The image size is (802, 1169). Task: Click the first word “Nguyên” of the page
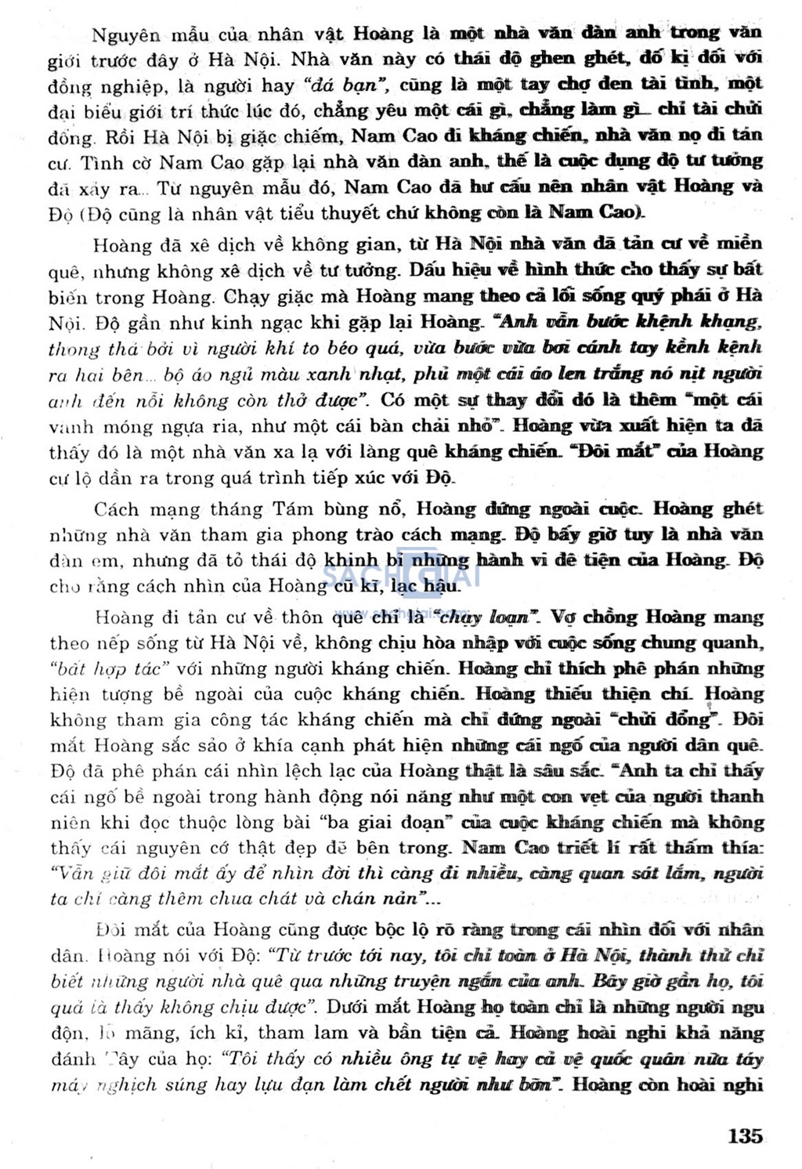click(125, 33)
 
